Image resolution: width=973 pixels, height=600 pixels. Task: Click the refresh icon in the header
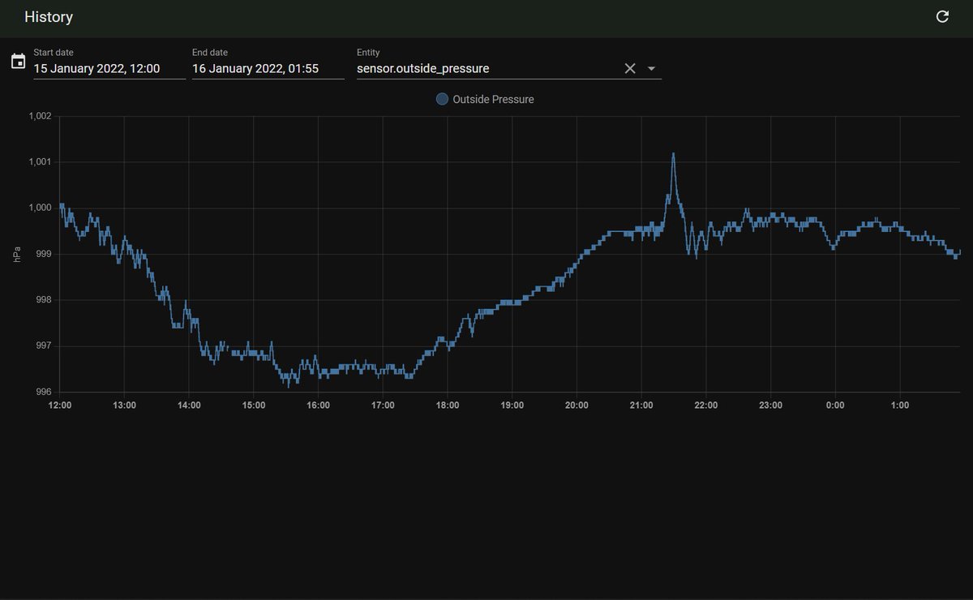pyautogui.click(x=942, y=17)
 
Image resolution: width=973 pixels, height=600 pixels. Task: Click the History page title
pyautogui.click(x=49, y=17)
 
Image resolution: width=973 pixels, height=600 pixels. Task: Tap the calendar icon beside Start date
pyautogui.click(x=18, y=62)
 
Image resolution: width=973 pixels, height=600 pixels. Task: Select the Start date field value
pyautogui.click(x=96, y=69)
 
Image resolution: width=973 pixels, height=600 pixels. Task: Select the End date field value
pyautogui.click(x=255, y=69)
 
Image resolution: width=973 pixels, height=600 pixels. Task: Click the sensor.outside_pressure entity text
pyautogui.click(x=423, y=69)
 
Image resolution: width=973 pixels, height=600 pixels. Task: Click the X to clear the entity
pyautogui.click(x=630, y=68)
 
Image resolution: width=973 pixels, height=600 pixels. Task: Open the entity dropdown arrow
pyautogui.click(x=651, y=69)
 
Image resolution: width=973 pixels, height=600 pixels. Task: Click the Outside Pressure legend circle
pyautogui.click(x=442, y=99)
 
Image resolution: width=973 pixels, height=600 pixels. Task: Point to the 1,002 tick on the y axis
pyautogui.click(x=40, y=116)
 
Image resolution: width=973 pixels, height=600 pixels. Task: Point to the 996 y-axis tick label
pyautogui.click(x=44, y=392)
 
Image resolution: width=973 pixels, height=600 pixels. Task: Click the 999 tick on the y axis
pyautogui.click(x=44, y=254)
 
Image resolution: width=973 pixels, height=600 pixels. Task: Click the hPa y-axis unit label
pyautogui.click(x=17, y=254)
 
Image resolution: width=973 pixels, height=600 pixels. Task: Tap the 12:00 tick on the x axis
pyautogui.click(x=60, y=405)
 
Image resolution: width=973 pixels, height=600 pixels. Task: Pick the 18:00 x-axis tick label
pyautogui.click(x=448, y=405)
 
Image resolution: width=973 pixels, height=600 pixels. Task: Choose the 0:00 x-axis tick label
pyautogui.click(x=835, y=405)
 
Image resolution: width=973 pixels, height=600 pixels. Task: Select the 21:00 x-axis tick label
pyautogui.click(x=641, y=405)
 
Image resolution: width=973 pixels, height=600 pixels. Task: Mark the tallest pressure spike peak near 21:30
pyautogui.click(x=673, y=153)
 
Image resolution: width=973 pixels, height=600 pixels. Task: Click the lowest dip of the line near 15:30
pyautogui.click(x=289, y=386)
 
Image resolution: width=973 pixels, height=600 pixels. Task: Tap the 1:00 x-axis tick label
pyautogui.click(x=899, y=405)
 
